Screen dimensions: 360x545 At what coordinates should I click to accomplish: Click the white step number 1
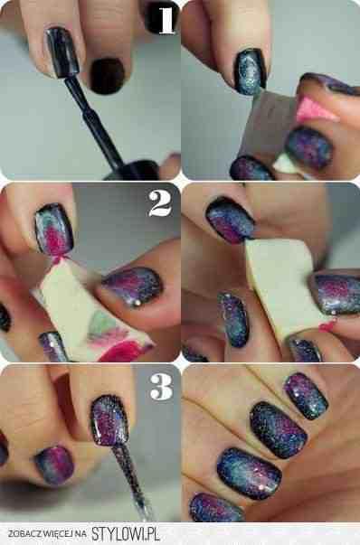click(166, 20)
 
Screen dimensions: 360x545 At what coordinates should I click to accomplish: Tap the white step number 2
click(160, 203)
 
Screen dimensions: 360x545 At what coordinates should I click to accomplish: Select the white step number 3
click(161, 387)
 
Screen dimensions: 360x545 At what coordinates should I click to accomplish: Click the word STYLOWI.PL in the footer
click(126, 533)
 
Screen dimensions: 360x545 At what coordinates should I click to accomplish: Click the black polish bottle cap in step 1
click(134, 170)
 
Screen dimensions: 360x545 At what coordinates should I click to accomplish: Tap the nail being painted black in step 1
click(62, 52)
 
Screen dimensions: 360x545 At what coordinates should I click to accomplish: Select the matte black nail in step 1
click(107, 76)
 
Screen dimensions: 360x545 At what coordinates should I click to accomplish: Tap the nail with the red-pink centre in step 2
click(54, 230)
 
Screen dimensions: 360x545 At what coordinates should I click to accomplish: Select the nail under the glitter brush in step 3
click(109, 420)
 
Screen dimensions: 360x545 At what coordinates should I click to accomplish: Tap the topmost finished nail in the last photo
click(306, 396)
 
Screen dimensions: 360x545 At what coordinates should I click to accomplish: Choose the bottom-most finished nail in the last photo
click(215, 507)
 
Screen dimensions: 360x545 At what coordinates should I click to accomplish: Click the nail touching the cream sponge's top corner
click(230, 220)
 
